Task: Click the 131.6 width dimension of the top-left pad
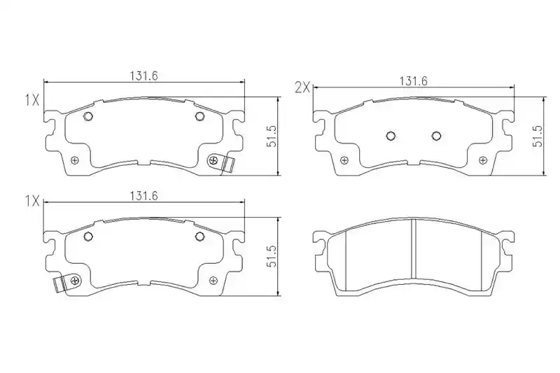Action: pyautogui.click(x=143, y=76)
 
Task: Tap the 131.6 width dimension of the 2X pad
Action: pyautogui.click(x=413, y=81)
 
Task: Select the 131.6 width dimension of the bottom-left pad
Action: pyautogui.click(x=143, y=196)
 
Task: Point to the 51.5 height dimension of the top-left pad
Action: pyautogui.click(x=272, y=136)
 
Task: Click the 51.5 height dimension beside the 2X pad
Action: pyautogui.click(x=538, y=136)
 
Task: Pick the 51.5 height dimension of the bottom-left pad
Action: pyautogui.click(x=272, y=256)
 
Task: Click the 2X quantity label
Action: pyautogui.click(x=302, y=87)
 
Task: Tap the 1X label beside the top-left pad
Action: pyautogui.click(x=31, y=100)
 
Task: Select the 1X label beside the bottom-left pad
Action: pyautogui.click(x=31, y=202)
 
